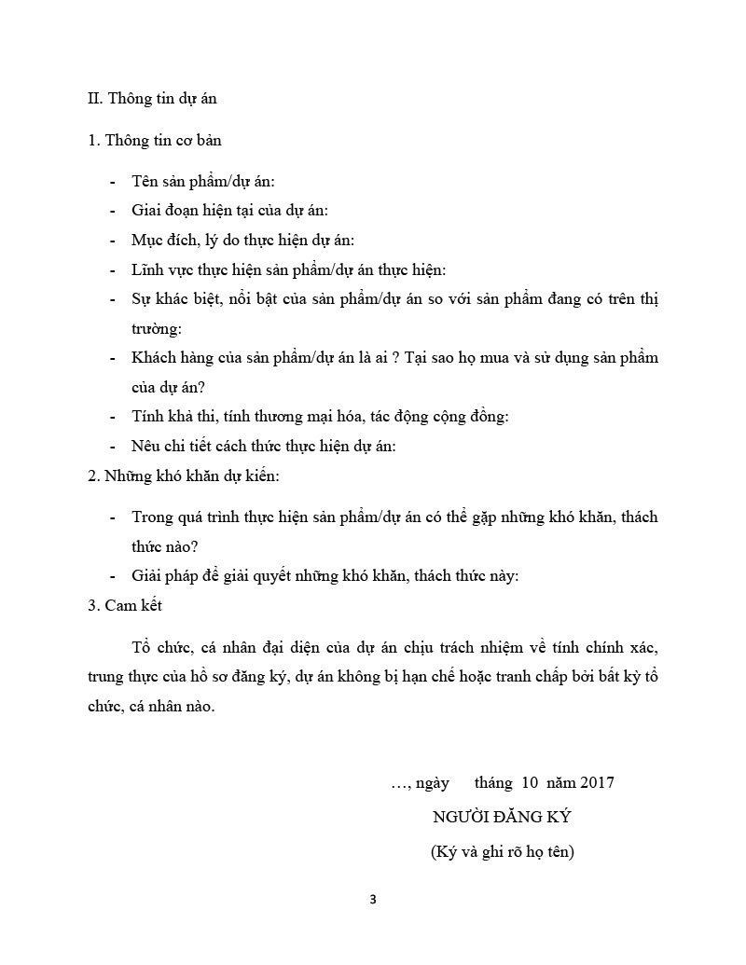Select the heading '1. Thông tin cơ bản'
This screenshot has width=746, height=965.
tap(154, 141)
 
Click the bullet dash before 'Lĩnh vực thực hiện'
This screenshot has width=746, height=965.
tap(113, 270)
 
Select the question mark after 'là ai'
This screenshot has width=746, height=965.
tap(395, 358)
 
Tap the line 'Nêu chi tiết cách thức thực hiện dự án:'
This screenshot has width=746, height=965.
tap(264, 446)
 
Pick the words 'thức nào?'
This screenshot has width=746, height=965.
tap(164, 545)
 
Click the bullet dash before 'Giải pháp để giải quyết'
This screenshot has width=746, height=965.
tap(113, 575)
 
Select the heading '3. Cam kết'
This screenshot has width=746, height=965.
tap(124, 605)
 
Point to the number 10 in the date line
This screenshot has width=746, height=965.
tap(531, 782)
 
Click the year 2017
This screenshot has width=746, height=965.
tap(597, 782)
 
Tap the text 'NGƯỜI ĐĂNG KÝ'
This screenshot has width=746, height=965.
tap(502, 817)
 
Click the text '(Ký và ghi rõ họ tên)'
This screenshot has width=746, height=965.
tap(502, 850)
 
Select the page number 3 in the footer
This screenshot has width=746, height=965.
tap(373, 900)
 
